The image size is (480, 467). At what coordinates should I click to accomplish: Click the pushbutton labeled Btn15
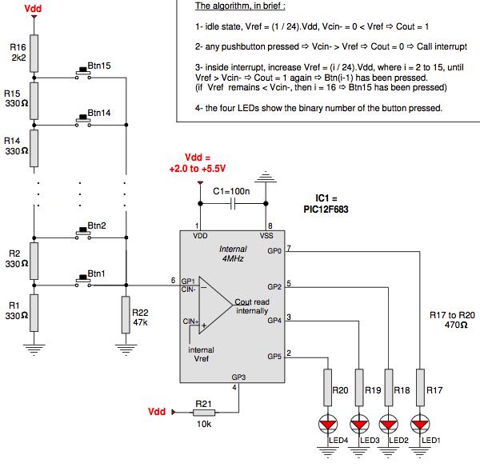[x=83, y=73]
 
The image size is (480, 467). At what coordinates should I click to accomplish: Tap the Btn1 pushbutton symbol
[x=83, y=281]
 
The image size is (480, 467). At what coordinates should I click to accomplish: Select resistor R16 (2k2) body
[x=34, y=54]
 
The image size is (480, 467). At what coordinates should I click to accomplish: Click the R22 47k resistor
[x=126, y=314]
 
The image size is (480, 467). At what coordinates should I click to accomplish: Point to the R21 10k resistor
[x=204, y=413]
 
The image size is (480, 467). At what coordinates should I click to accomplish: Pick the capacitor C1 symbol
[x=233, y=203]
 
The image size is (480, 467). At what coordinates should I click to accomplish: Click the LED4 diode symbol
[x=328, y=424]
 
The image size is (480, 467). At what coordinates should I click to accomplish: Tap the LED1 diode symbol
[x=420, y=424]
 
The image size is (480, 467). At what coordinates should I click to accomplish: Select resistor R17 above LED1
[x=420, y=388]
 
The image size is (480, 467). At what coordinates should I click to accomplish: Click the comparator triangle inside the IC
[x=215, y=305]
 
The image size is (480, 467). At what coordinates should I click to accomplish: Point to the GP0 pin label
[x=274, y=251]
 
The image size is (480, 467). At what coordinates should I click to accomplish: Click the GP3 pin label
[x=238, y=377]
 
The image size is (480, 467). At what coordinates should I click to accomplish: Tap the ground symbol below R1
[x=34, y=349]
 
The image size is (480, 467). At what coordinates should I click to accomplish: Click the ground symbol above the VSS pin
[x=266, y=178]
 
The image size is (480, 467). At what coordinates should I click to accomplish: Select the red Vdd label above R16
[x=33, y=8]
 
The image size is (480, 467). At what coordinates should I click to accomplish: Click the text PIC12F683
[x=326, y=210]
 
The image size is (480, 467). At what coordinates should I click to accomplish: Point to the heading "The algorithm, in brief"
[x=240, y=6]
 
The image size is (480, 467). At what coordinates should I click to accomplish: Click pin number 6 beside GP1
[x=174, y=280]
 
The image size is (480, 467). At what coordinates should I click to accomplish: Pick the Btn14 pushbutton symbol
[x=83, y=120]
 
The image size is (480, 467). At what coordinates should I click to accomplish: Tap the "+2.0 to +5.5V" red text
[x=198, y=169]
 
